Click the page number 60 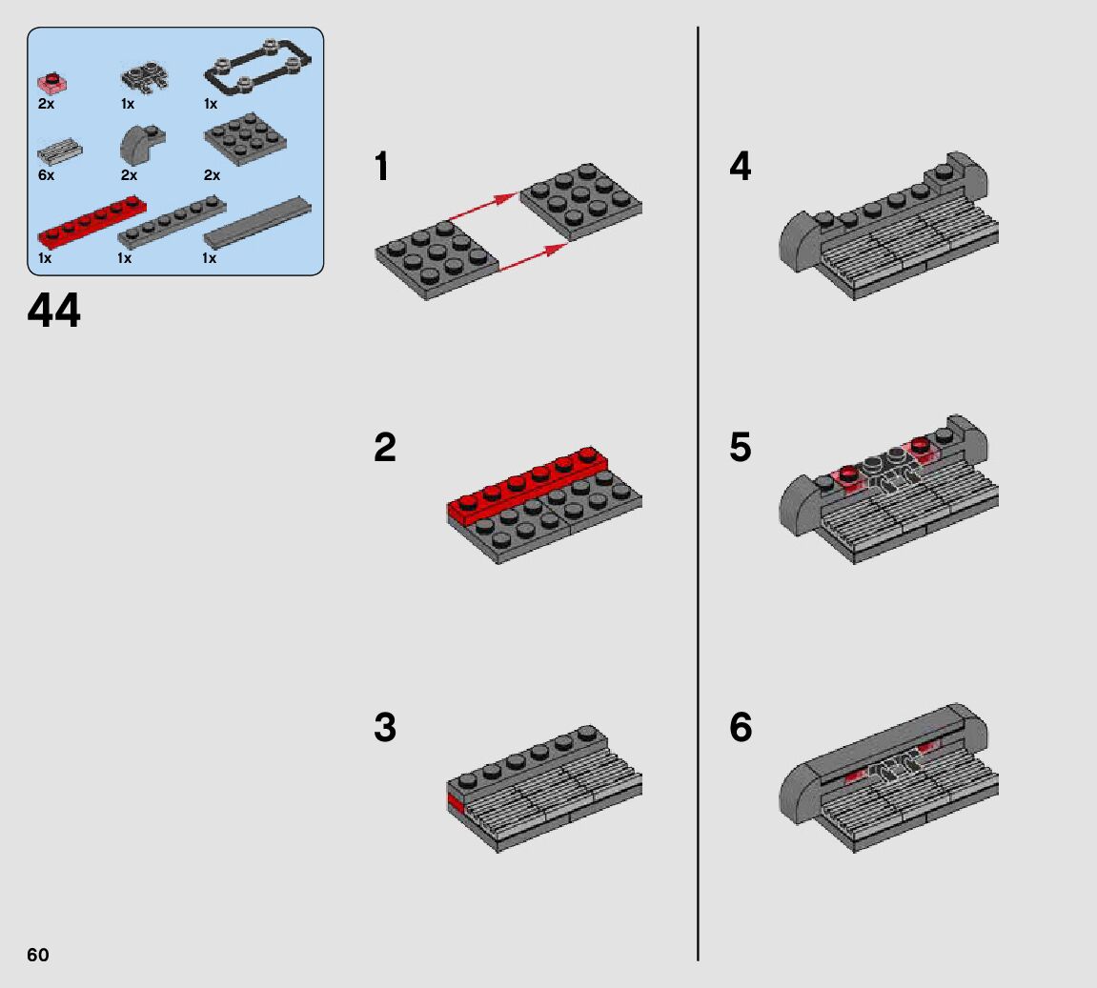38,955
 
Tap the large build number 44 54,311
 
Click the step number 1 381,167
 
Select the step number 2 385,447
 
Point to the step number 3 385,727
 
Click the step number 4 741,167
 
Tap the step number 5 741,447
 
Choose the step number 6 741,727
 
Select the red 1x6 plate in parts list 91,223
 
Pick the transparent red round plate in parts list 51,83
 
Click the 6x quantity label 46,174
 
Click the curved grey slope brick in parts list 141,143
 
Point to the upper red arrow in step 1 482,206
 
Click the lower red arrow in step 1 534,256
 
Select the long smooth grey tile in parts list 258,222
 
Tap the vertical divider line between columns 698,494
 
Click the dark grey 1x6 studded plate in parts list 173,223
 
